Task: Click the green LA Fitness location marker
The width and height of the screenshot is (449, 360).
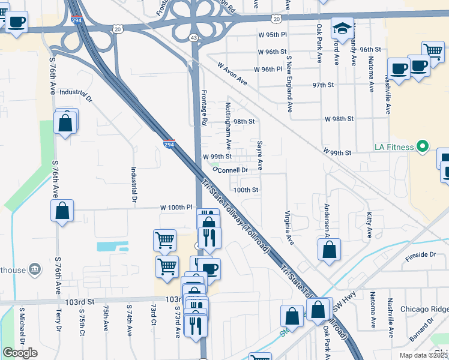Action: pyautogui.click(x=423, y=146)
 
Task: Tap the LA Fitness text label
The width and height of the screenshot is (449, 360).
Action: pyautogui.click(x=394, y=147)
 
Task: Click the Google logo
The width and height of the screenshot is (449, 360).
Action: pyautogui.click(x=20, y=353)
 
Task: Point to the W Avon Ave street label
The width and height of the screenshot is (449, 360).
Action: pyautogui.click(x=232, y=73)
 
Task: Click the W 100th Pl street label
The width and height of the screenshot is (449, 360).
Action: pyautogui.click(x=176, y=207)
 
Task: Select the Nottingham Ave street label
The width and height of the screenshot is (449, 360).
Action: pyautogui.click(x=228, y=125)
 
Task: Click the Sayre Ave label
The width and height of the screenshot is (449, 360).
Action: pyautogui.click(x=260, y=155)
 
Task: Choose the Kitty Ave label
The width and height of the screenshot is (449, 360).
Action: pyautogui.click(x=367, y=223)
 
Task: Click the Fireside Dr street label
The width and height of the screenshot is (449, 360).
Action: pyautogui.click(x=420, y=254)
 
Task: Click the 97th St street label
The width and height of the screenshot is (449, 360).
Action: pyautogui.click(x=322, y=85)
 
